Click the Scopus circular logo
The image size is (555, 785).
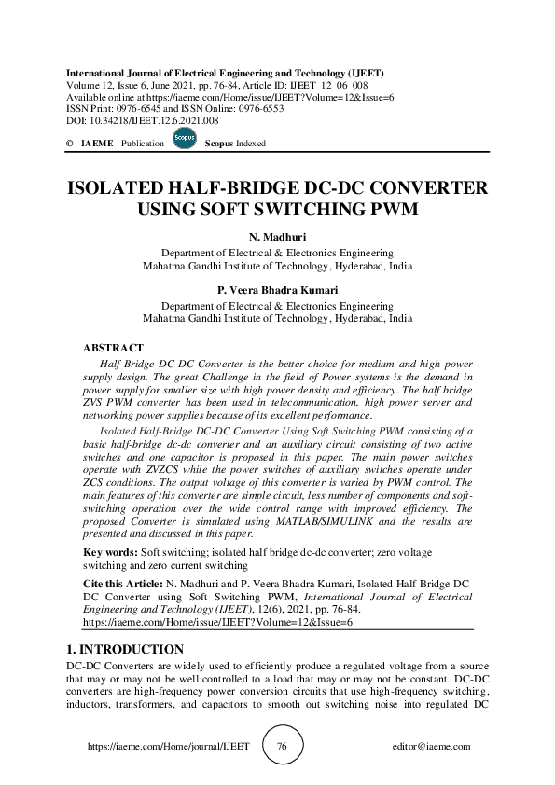pos(184,140)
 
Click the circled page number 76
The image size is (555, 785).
pos(281,746)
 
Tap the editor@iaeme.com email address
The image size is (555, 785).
pos(432,747)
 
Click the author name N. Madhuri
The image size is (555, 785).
pos(277,238)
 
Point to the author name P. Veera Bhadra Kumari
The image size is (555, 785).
pos(277,290)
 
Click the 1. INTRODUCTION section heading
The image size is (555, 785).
pos(126,649)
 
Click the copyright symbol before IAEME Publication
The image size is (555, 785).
pos(70,144)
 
